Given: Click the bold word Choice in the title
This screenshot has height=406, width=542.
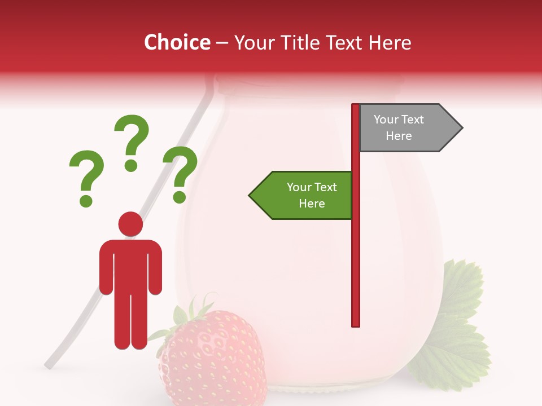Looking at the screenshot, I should [177, 43].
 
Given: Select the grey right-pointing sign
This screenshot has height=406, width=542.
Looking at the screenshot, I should [406, 128].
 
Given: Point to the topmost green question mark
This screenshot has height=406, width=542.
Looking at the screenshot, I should [132, 135].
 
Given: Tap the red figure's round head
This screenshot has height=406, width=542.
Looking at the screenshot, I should [130, 224].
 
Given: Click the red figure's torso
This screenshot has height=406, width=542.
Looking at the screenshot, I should [130, 265].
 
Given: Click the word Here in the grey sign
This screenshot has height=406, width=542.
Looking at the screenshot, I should [399, 136].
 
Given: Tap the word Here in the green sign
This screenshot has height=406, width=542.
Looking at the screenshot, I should [312, 204].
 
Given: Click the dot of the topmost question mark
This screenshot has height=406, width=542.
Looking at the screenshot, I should [131, 165].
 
